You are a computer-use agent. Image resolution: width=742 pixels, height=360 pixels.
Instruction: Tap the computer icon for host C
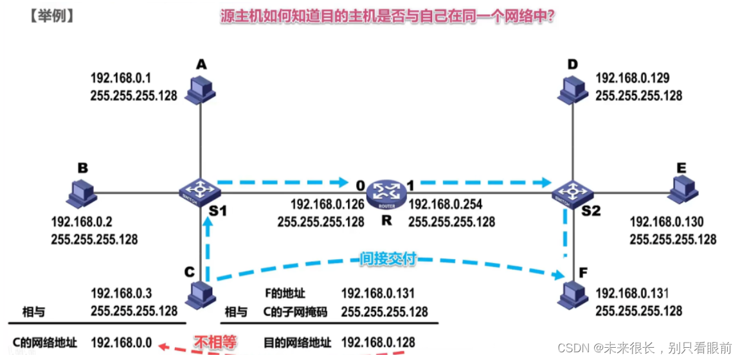(x=201, y=295)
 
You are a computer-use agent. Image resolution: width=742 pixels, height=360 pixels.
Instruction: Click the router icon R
(x=386, y=190)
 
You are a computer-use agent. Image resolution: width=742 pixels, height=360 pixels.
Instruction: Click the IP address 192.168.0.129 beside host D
(x=633, y=78)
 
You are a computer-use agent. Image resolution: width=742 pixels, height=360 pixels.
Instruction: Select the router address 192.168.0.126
(x=328, y=204)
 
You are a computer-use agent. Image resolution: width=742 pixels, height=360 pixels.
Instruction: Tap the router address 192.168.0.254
(x=445, y=204)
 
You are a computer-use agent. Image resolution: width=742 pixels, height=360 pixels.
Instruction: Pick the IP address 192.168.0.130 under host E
(x=667, y=222)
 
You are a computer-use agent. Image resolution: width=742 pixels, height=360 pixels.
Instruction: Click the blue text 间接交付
(x=387, y=259)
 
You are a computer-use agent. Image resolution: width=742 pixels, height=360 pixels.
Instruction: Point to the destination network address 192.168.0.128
(x=378, y=342)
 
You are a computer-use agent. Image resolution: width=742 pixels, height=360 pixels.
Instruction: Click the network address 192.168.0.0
(x=122, y=343)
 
